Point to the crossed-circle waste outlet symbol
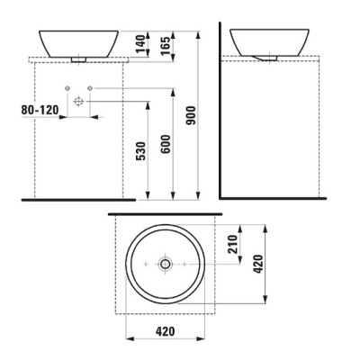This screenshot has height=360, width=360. click(79, 102)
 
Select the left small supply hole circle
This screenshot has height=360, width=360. click(68, 87)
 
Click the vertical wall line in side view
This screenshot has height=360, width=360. click(223, 117)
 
